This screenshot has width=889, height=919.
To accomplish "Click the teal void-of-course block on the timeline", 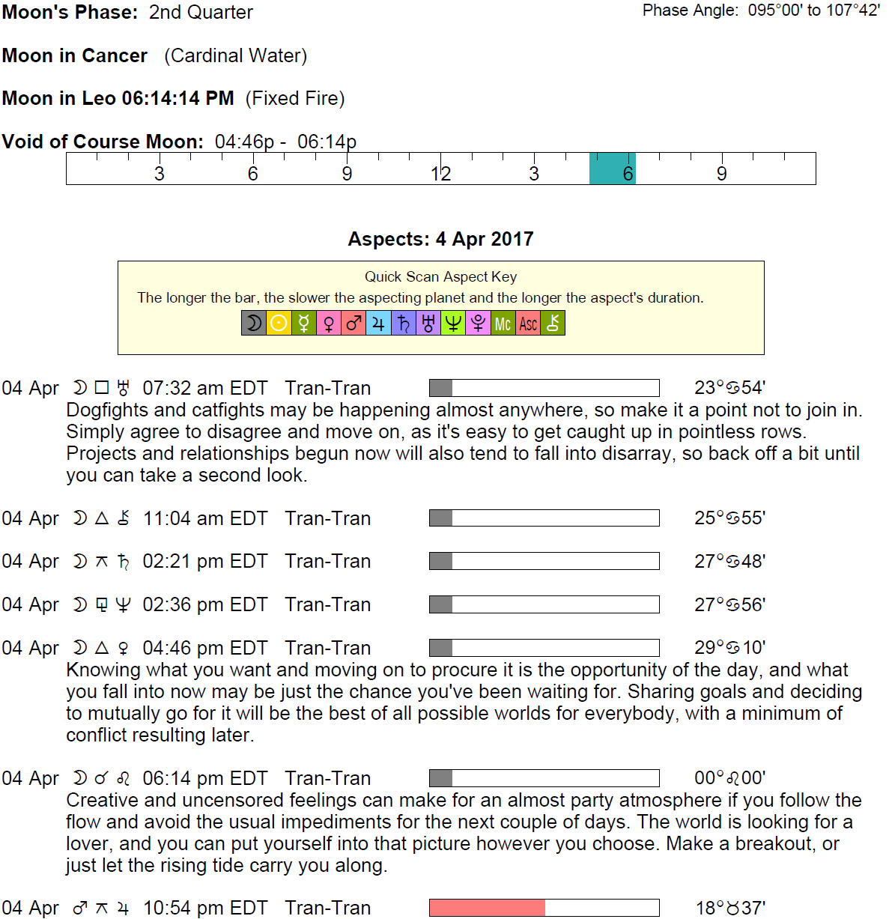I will (612, 169).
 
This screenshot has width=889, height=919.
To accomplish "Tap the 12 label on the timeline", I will (440, 174).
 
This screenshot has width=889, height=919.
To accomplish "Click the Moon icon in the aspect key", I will (253, 324).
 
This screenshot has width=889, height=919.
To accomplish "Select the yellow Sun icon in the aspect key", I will (279, 324).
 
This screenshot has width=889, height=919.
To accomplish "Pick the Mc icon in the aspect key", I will (503, 324).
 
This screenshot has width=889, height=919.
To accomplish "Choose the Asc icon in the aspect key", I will (528, 324).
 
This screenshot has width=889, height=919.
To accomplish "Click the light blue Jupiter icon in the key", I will (378, 324).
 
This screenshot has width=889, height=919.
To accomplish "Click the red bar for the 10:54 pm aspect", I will (487, 908).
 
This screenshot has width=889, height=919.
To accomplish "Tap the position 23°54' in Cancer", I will (729, 388).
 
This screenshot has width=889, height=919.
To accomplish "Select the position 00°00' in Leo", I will (729, 778).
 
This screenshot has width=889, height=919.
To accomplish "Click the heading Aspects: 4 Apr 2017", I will (440, 239).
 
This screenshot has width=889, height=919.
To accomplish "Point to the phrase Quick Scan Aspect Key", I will (440, 276).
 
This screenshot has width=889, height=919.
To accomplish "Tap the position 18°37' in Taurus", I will (730, 908).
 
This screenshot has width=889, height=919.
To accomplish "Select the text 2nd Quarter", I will (201, 13).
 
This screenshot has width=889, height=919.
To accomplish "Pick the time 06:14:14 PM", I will (178, 98).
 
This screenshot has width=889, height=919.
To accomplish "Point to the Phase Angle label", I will (690, 10).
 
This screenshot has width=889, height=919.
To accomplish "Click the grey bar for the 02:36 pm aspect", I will (441, 604).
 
